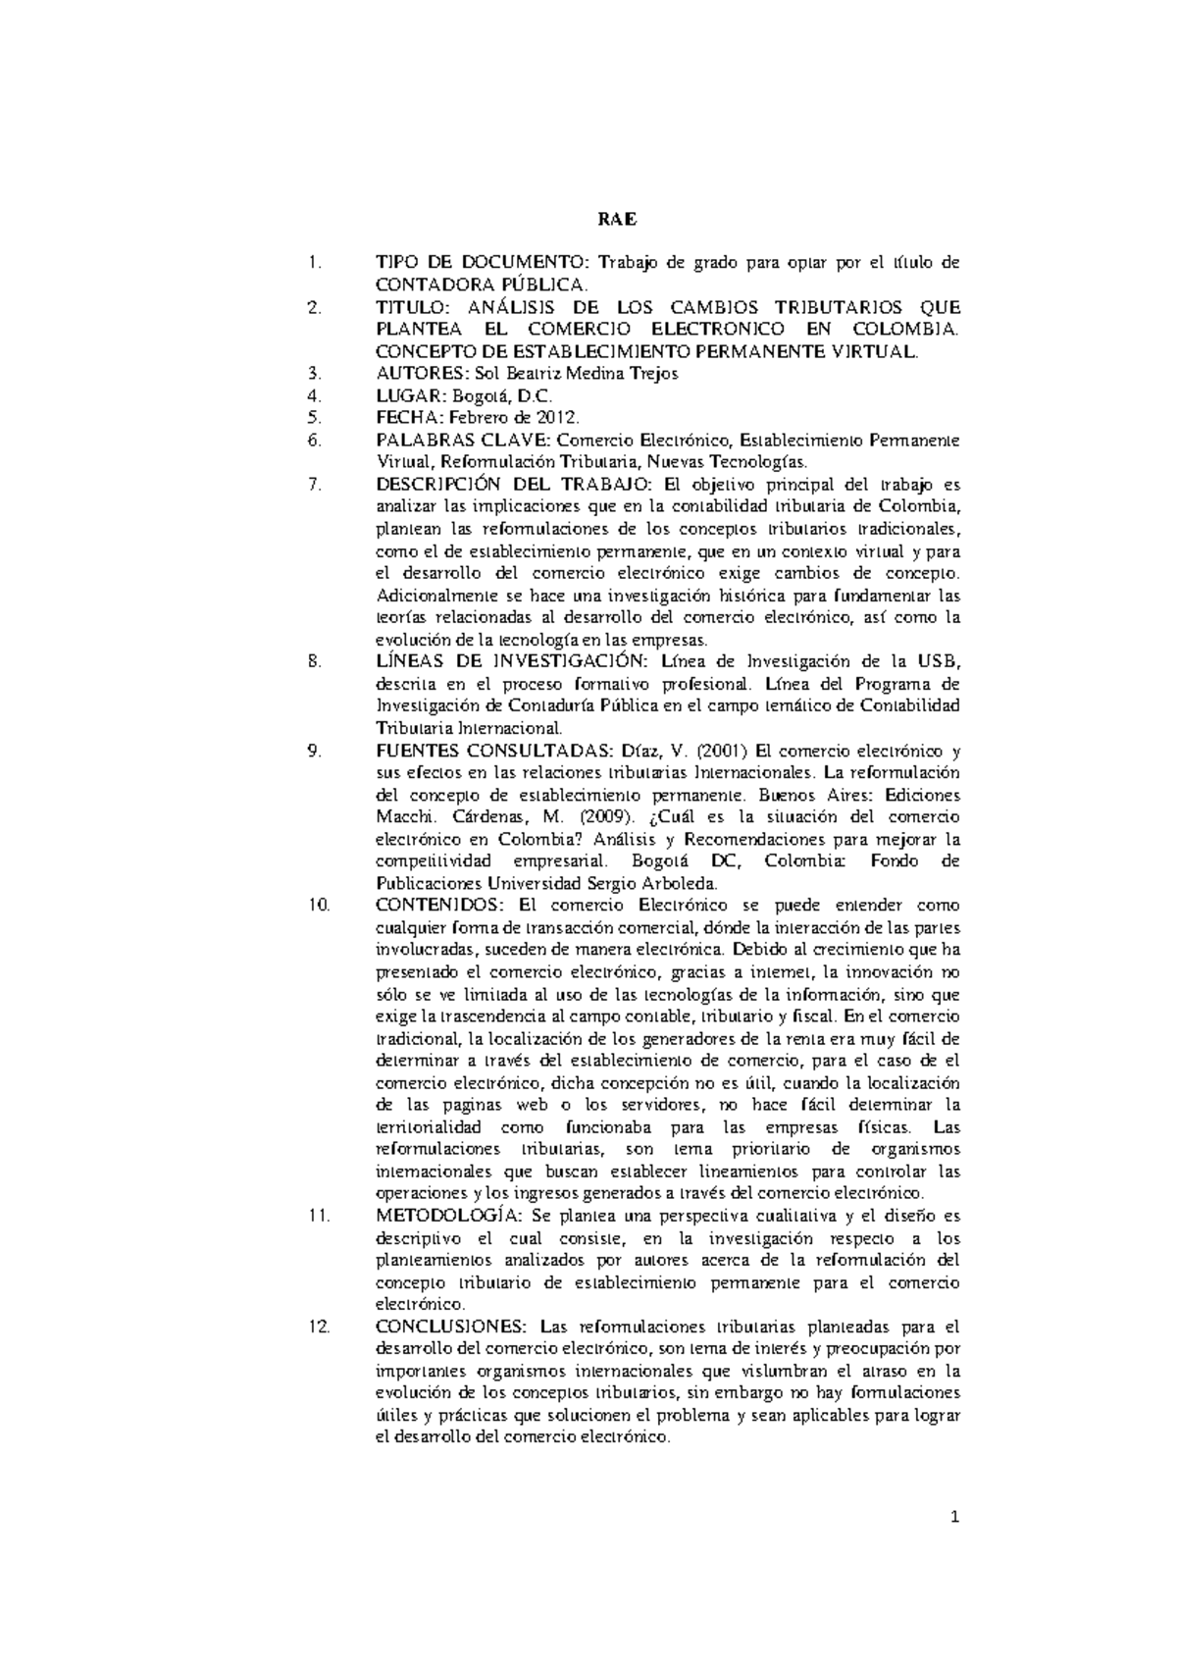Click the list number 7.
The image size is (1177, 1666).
pos(313,485)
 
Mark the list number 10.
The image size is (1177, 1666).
pos(317,905)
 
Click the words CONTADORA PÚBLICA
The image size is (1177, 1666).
pos(481,285)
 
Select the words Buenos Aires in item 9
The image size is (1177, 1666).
pos(825,795)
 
